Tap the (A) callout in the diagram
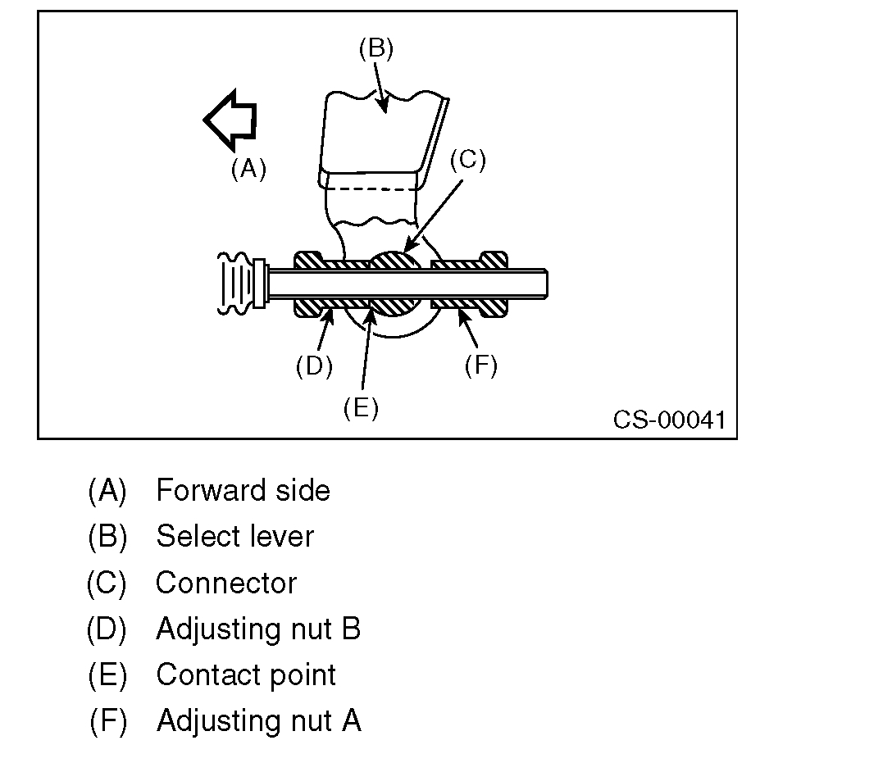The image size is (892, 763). pos(248,169)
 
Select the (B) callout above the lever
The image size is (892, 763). pos(376,49)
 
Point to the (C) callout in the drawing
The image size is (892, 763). pos(467,160)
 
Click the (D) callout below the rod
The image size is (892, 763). pos(314,366)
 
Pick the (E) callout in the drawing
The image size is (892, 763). pos(361,408)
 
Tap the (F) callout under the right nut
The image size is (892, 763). pos(480,366)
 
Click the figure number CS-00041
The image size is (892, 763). pos(669,420)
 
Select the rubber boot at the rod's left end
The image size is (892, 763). pos(236,284)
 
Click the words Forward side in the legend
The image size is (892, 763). pos(243,490)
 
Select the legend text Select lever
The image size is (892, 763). pos(234,537)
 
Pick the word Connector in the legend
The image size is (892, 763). pos(225,583)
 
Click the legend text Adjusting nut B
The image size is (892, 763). pos(258,629)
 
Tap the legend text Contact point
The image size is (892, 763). pos(246,674)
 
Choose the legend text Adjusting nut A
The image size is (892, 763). pos(258,720)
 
